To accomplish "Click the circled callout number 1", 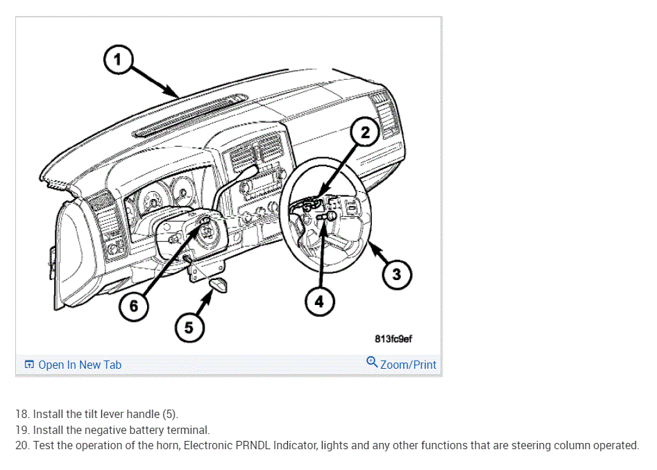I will pos(118,60).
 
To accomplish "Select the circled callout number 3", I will pos(396,274).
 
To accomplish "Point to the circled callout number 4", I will pos(319,302).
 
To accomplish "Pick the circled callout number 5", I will pos(188,327).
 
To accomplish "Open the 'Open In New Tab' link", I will pos(80,365).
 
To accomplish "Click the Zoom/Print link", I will pos(408,365).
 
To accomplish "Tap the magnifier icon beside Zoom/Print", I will pos(372,363).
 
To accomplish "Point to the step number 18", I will pos(22,415).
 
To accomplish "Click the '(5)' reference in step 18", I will pos(169,415).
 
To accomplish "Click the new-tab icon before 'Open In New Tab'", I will pos(29,365).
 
